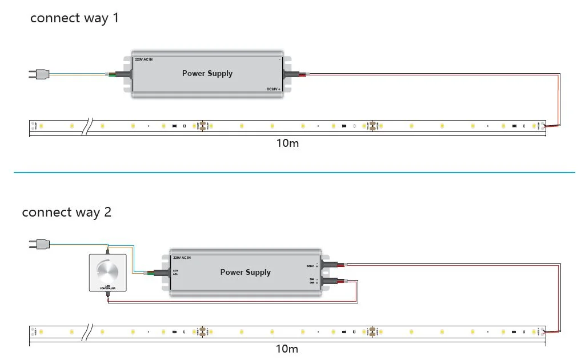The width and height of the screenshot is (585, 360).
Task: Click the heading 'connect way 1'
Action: pos(74,18)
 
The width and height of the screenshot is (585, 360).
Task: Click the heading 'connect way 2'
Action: pos(66,213)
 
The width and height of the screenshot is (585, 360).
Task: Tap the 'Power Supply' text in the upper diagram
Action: pos(207,73)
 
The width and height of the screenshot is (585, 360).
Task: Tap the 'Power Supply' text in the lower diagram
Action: pos(246,272)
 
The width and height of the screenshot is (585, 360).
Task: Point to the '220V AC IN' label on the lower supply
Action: pos(182,258)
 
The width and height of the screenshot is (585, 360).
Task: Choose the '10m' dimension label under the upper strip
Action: pos(287,143)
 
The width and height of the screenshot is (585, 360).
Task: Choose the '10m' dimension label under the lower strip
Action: pos(287,349)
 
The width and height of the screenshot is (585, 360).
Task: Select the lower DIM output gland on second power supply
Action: pos(330,281)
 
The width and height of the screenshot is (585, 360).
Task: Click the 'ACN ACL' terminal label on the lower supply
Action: pos(176,272)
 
